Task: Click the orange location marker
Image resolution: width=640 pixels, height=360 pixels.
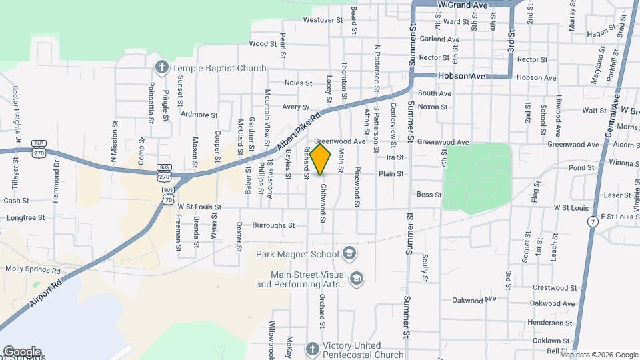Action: [321, 159]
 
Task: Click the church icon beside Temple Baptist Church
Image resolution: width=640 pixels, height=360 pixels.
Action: [161, 67]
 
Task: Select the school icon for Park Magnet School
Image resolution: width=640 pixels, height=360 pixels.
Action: [349, 253]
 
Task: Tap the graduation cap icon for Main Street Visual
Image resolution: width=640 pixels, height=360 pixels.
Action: [357, 279]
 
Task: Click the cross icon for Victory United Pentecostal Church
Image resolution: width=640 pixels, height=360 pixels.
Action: [312, 349]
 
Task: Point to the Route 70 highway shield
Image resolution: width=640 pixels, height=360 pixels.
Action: [169, 199]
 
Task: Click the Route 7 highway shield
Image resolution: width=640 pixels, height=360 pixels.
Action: [592, 221]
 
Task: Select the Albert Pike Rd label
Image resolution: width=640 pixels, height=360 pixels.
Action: [297, 133]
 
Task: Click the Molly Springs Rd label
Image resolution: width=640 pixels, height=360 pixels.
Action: [33, 270]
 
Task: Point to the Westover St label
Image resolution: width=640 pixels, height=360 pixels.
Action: [318, 20]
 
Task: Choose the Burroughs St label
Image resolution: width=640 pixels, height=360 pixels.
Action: [273, 225]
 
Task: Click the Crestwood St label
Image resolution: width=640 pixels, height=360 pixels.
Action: [554, 287]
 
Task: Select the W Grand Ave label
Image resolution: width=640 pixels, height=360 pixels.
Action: [463, 5]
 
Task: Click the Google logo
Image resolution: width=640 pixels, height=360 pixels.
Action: [22, 351]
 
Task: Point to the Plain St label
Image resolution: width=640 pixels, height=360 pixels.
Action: [391, 173]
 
